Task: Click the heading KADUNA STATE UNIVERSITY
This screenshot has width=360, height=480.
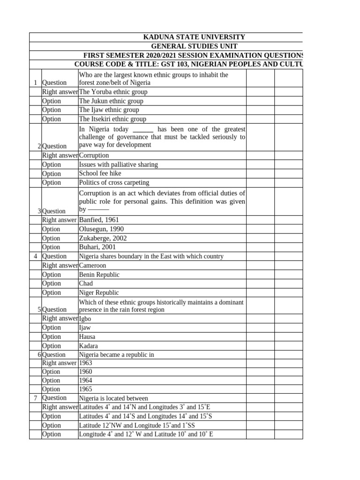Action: click(x=194, y=37)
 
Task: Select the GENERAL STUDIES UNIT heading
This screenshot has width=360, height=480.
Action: click(x=194, y=46)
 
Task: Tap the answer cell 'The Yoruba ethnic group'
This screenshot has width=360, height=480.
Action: click(x=113, y=92)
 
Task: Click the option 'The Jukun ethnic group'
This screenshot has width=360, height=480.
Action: click(x=111, y=101)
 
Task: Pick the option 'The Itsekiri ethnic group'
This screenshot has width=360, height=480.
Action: click(x=112, y=119)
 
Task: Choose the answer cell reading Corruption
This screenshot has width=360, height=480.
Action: click(x=94, y=155)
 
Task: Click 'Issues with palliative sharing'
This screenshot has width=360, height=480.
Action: click(x=118, y=165)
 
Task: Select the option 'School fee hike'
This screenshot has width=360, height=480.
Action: click(x=100, y=173)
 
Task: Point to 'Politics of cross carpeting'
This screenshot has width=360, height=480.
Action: click(x=114, y=182)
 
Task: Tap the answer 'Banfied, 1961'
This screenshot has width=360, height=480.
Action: click(x=99, y=220)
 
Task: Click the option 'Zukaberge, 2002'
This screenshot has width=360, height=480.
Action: click(x=103, y=238)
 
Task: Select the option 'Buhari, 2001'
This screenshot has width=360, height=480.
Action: click(x=97, y=247)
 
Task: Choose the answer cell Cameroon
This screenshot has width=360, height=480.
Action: click(x=93, y=265)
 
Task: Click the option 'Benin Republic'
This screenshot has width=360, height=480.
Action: click(x=99, y=275)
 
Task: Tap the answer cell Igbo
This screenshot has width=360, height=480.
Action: click(x=85, y=319)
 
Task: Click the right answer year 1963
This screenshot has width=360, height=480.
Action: click(x=86, y=363)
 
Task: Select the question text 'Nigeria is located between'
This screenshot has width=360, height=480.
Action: click(x=113, y=398)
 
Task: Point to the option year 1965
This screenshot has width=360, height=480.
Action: click(x=86, y=389)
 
